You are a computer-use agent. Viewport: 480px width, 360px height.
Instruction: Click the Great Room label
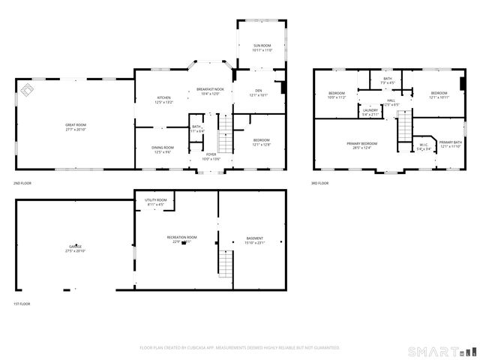(x=76, y=127)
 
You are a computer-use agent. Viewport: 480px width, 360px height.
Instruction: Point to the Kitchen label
(x=163, y=99)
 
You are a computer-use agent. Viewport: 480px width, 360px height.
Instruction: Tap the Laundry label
(x=370, y=112)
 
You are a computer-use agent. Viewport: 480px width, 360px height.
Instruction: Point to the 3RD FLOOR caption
(x=320, y=183)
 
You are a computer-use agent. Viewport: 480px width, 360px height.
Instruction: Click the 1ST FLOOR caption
(x=22, y=303)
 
